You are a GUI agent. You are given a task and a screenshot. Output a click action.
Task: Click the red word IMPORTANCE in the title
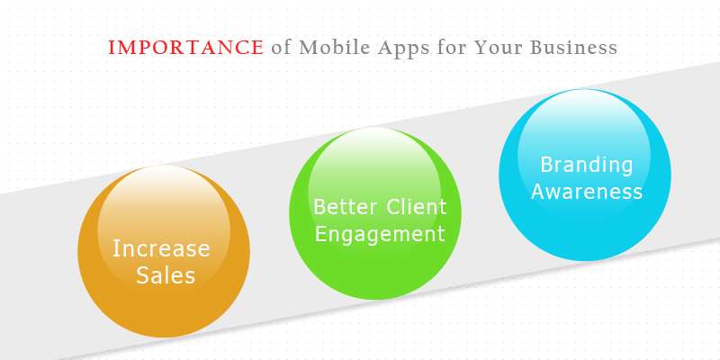tap(186, 48)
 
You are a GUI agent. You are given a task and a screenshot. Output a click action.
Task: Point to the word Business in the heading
tap(573, 48)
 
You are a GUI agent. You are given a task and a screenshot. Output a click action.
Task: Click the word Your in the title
tap(498, 48)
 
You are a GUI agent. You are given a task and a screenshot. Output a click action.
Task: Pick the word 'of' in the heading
tap(281, 47)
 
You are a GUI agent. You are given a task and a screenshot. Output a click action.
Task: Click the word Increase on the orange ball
tap(161, 248)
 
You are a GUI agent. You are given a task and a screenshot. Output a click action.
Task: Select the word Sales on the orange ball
tap(166, 275)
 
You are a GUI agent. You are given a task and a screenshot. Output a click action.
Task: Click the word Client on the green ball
tap(416, 207)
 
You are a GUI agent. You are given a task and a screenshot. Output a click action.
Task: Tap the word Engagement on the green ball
tap(380, 234)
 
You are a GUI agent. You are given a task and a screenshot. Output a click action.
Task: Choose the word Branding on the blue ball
tap(587, 166)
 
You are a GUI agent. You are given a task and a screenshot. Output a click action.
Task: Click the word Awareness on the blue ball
tap(587, 192)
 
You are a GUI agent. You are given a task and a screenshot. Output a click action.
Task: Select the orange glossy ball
tap(164, 251)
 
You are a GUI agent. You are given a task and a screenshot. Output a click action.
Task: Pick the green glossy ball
tap(375, 213)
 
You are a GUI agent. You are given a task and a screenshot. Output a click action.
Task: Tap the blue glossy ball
tap(585, 175)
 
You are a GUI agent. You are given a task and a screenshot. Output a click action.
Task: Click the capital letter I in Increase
tap(115, 248)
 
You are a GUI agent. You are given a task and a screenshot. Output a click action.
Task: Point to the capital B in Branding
tap(546, 165)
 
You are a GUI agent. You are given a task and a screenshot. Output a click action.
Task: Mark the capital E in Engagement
tap(320, 234)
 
